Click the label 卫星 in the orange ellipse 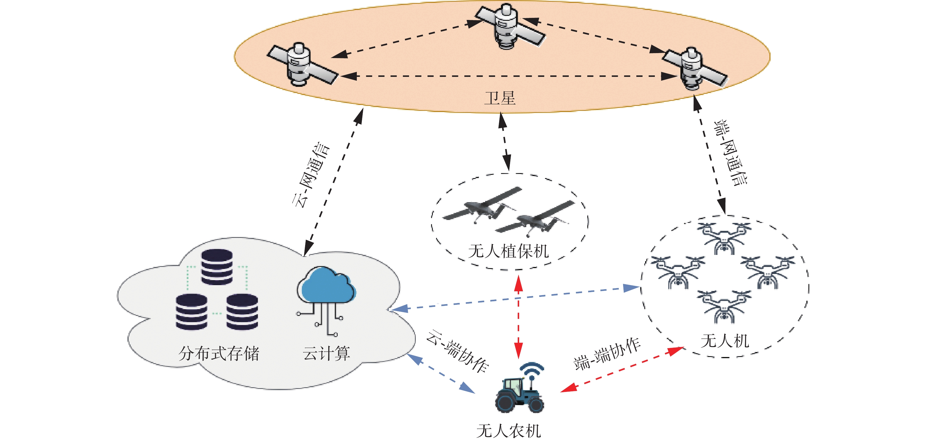(500, 98)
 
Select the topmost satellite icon (510, 26)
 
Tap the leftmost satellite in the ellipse (302, 64)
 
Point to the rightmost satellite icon (694, 68)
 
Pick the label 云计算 (326, 353)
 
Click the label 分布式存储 (219, 353)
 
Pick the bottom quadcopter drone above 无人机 (724, 307)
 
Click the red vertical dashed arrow (518, 317)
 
